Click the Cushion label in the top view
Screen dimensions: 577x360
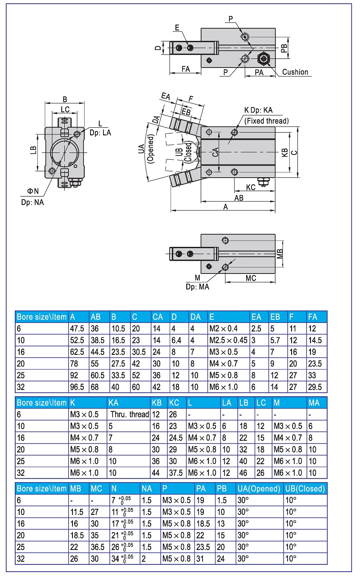(x=295, y=72)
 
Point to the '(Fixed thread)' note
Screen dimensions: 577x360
(x=266, y=121)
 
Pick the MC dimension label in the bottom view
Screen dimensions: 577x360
(x=251, y=278)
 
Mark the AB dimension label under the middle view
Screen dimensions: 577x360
(x=239, y=197)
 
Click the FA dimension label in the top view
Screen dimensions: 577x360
(x=185, y=69)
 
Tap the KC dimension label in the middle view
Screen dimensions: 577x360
(x=251, y=187)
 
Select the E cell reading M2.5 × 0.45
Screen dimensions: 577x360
(x=228, y=340)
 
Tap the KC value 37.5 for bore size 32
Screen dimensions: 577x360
(x=175, y=473)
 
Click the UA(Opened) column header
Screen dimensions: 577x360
(x=260, y=488)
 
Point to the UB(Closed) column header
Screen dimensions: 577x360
(x=305, y=488)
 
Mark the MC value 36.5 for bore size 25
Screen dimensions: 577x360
(x=97, y=547)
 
